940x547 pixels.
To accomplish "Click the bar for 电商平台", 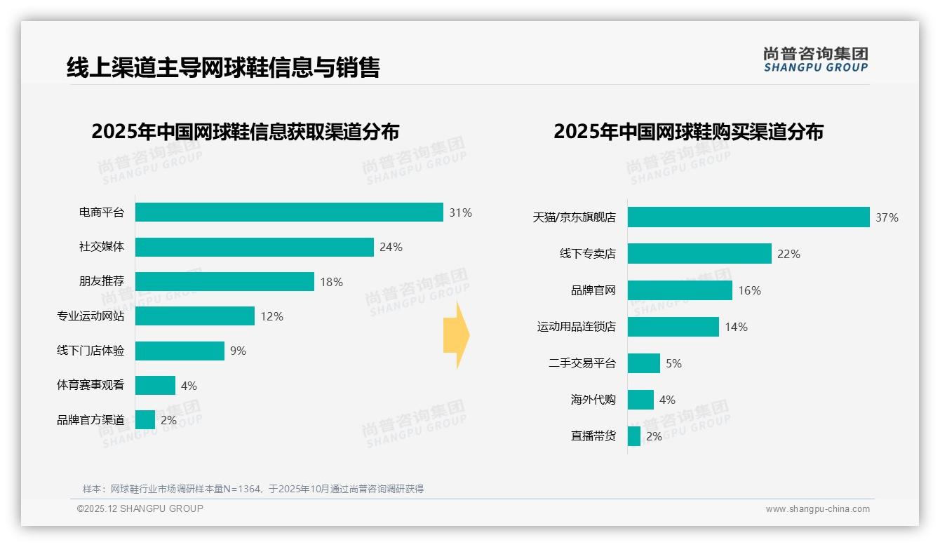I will coord(289,212).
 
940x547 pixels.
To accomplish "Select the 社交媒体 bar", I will coord(254,247).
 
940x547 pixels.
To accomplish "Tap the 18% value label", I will coord(331,282).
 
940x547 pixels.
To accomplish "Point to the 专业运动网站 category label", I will coord(90,316).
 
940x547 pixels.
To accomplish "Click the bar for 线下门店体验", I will coord(180,351).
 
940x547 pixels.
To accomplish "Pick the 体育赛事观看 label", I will coord(90,385).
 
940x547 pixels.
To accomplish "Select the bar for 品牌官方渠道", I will coord(145,420).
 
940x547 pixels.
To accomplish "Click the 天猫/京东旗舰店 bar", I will coord(748,217).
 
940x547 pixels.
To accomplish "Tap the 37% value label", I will coord(887,217).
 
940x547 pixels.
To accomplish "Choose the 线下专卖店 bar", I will coord(699,254).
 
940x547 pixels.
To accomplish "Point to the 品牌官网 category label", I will coord(593,290).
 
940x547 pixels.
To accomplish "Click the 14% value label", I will coord(736,327).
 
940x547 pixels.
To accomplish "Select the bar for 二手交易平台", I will coord(644,363).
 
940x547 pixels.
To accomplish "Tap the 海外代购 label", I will coord(593,400).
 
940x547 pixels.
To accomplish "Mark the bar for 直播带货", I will coord(634,436).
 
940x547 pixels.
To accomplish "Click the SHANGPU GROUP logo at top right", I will coord(815,60).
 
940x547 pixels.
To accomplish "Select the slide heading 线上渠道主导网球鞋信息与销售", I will coord(223,67).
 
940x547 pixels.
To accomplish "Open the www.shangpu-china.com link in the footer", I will coord(817,509).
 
